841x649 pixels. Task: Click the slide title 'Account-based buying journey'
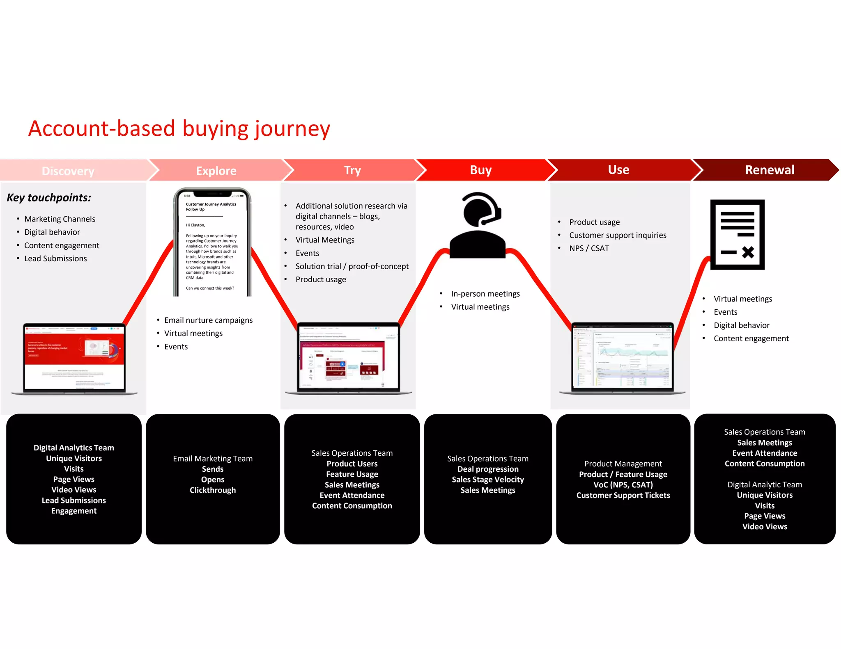point(179,129)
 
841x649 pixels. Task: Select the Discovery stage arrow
point(68,171)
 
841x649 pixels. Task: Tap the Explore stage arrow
point(216,171)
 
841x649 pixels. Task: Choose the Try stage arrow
point(352,170)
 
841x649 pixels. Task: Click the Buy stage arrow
point(480,170)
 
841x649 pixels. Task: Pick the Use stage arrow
point(618,170)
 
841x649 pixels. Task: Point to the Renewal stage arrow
point(769,170)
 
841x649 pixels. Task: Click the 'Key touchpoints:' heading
point(49,198)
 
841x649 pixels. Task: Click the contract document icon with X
point(737,235)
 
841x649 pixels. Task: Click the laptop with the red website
point(74,359)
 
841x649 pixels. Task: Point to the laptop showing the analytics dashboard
point(622,358)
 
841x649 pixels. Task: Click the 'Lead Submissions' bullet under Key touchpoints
point(55,258)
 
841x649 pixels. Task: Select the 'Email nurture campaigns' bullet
point(208,320)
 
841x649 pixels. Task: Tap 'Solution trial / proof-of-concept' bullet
point(352,266)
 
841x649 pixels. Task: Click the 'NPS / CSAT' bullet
point(589,248)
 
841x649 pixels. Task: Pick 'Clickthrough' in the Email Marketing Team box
point(213,490)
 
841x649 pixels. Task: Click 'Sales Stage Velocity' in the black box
point(488,480)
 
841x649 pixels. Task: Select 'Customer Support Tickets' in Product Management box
point(623,495)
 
